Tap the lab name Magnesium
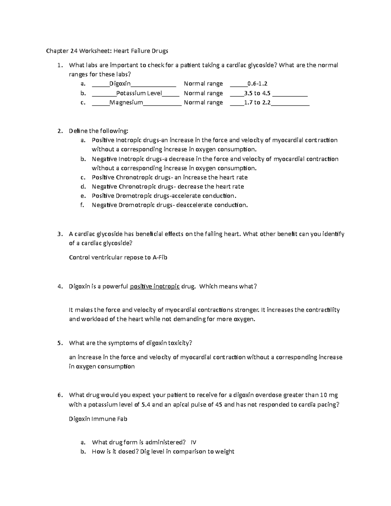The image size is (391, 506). point(126,103)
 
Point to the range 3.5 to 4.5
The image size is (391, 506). point(257,93)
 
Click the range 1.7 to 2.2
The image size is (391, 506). point(257,103)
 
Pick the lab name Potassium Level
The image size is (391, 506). point(139,93)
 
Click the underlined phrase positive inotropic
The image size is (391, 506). point(155,287)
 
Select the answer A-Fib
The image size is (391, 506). point(160,257)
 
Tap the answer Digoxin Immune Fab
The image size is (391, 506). point(98,419)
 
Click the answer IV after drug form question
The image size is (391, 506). point(193,442)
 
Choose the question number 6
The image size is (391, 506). point(59,395)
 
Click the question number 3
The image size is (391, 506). point(59,234)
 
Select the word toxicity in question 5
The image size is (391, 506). point(179,343)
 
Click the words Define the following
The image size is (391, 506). point(99,131)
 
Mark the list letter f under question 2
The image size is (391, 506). point(83,205)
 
